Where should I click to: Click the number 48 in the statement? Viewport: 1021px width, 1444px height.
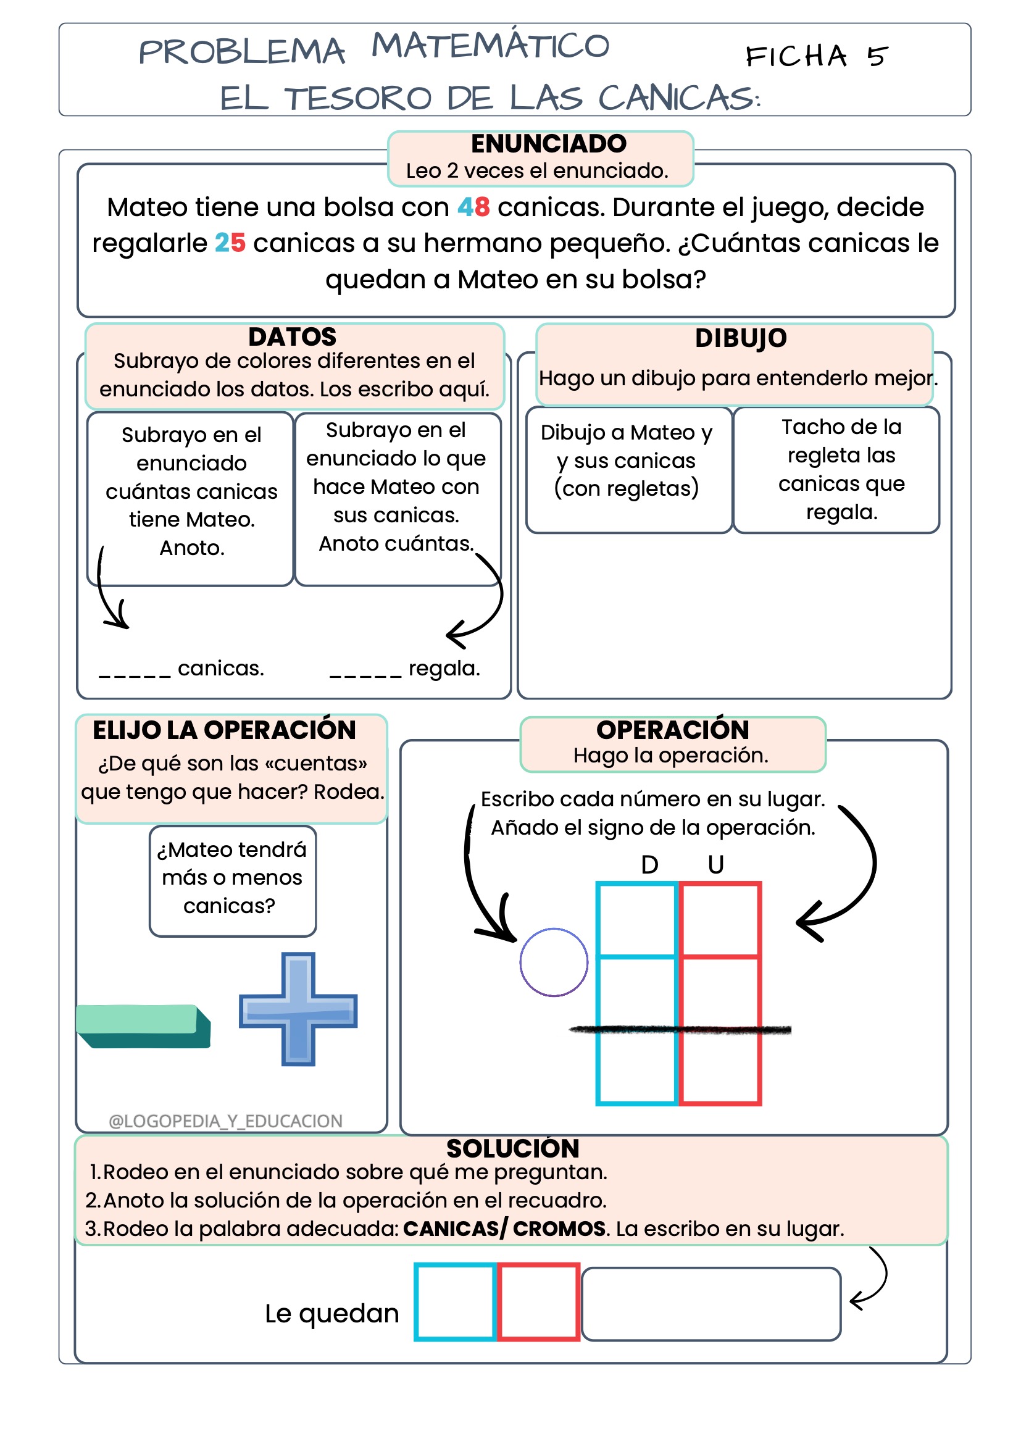coord(473,207)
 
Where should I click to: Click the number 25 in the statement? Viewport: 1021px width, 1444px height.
coord(230,243)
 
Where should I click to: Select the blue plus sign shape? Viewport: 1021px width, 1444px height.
coord(298,1009)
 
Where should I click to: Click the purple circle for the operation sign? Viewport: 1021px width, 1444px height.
coord(553,962)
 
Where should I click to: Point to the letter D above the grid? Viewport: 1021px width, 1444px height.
coord(649,865)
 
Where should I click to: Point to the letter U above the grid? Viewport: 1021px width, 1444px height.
coord(715,865)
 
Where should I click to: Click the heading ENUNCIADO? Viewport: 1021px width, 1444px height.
coord(548,144)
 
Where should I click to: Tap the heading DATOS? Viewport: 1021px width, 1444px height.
coord(293,337)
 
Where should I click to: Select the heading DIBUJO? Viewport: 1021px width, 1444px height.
coord(741,338)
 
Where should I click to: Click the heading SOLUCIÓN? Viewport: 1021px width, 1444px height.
coord(512,1148)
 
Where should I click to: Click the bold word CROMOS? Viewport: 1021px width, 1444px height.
coord(559,1229)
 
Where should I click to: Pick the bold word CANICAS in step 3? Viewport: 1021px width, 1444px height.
coord(451,1229)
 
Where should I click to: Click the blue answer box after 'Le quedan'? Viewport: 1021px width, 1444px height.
coord(455,1302)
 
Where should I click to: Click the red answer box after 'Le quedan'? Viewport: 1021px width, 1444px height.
coord(538,1302)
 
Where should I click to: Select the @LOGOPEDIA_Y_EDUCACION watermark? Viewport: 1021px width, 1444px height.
coord(225,1121)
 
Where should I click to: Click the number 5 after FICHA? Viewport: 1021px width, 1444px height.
coord(877,57)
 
